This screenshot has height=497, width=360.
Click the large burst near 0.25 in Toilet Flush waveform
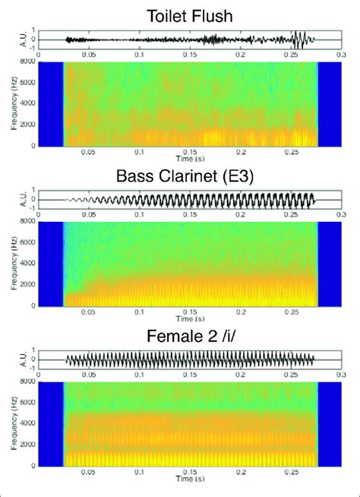click(299, 40)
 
